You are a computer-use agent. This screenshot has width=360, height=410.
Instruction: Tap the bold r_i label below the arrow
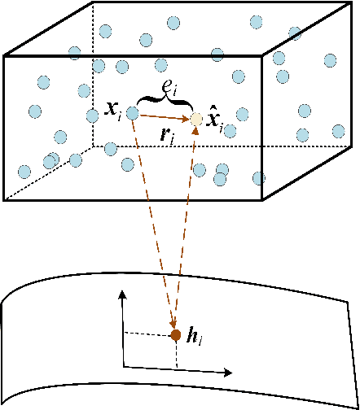(169, 134)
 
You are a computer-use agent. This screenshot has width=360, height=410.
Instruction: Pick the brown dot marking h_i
(175, 334)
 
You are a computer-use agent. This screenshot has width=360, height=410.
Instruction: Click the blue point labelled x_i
(132, 114)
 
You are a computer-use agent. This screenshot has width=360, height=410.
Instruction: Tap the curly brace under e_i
(165, 102)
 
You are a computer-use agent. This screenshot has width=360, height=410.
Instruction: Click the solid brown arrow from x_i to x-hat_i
(163, 117)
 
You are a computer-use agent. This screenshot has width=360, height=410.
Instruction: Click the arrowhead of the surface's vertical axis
(123, 294)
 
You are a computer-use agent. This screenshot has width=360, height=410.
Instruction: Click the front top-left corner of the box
(5, 56)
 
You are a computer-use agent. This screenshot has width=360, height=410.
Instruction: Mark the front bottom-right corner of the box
(261, 200)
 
